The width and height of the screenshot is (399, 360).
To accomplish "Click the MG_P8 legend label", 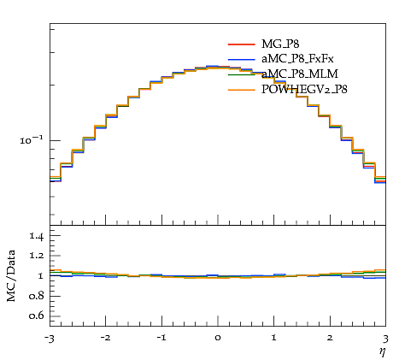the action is tap(280, 44).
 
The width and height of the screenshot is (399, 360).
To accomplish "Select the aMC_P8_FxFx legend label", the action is tap(297, 59).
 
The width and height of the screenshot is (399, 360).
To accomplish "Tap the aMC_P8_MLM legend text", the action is tap(300, 74).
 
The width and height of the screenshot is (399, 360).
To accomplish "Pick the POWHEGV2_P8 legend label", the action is tap(304, 89).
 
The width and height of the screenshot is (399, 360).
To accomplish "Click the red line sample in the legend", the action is tap(241, 44).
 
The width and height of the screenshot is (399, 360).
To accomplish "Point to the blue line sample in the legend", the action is tap(241, 59).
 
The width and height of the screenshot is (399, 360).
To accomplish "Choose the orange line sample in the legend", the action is tap(241, 90).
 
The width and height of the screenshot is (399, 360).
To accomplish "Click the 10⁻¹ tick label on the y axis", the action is tap(32, 140).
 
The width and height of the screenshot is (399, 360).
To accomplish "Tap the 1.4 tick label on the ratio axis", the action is tap(36, 236).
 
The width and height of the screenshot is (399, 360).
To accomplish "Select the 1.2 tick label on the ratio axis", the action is tap(36, 256).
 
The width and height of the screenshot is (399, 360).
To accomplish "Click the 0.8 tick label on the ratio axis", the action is tap(36, 296).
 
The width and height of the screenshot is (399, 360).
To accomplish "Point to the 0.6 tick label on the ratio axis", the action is tap(36, 316).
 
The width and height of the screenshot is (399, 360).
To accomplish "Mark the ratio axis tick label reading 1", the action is tap(41, 276).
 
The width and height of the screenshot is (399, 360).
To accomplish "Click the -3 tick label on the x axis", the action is tap(50, 339).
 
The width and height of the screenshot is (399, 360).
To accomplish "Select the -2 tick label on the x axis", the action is tap(105, 338).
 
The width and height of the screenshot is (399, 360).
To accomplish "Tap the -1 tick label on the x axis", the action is tap(161, 338).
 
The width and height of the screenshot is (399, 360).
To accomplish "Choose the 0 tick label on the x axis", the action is tap(218, 338).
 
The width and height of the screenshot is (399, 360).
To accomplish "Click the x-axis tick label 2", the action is tap(330, 338).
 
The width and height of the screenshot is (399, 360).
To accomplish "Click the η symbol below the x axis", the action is tap(382, 351).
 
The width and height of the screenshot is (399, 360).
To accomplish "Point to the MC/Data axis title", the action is tap(11, 275).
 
